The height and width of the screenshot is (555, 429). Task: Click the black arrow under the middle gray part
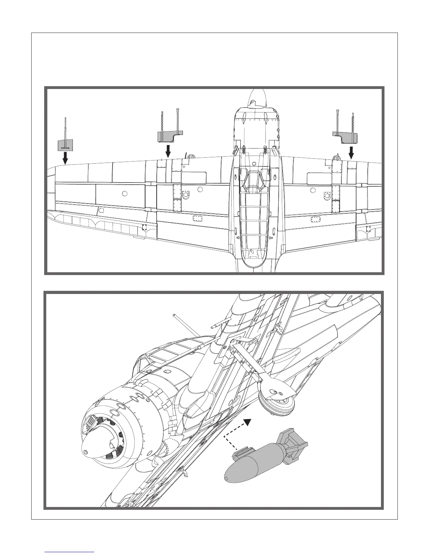tap(168, 151)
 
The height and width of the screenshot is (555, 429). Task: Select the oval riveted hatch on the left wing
tap(198, 219)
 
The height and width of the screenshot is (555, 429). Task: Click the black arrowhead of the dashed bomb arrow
tap(248, 422)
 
